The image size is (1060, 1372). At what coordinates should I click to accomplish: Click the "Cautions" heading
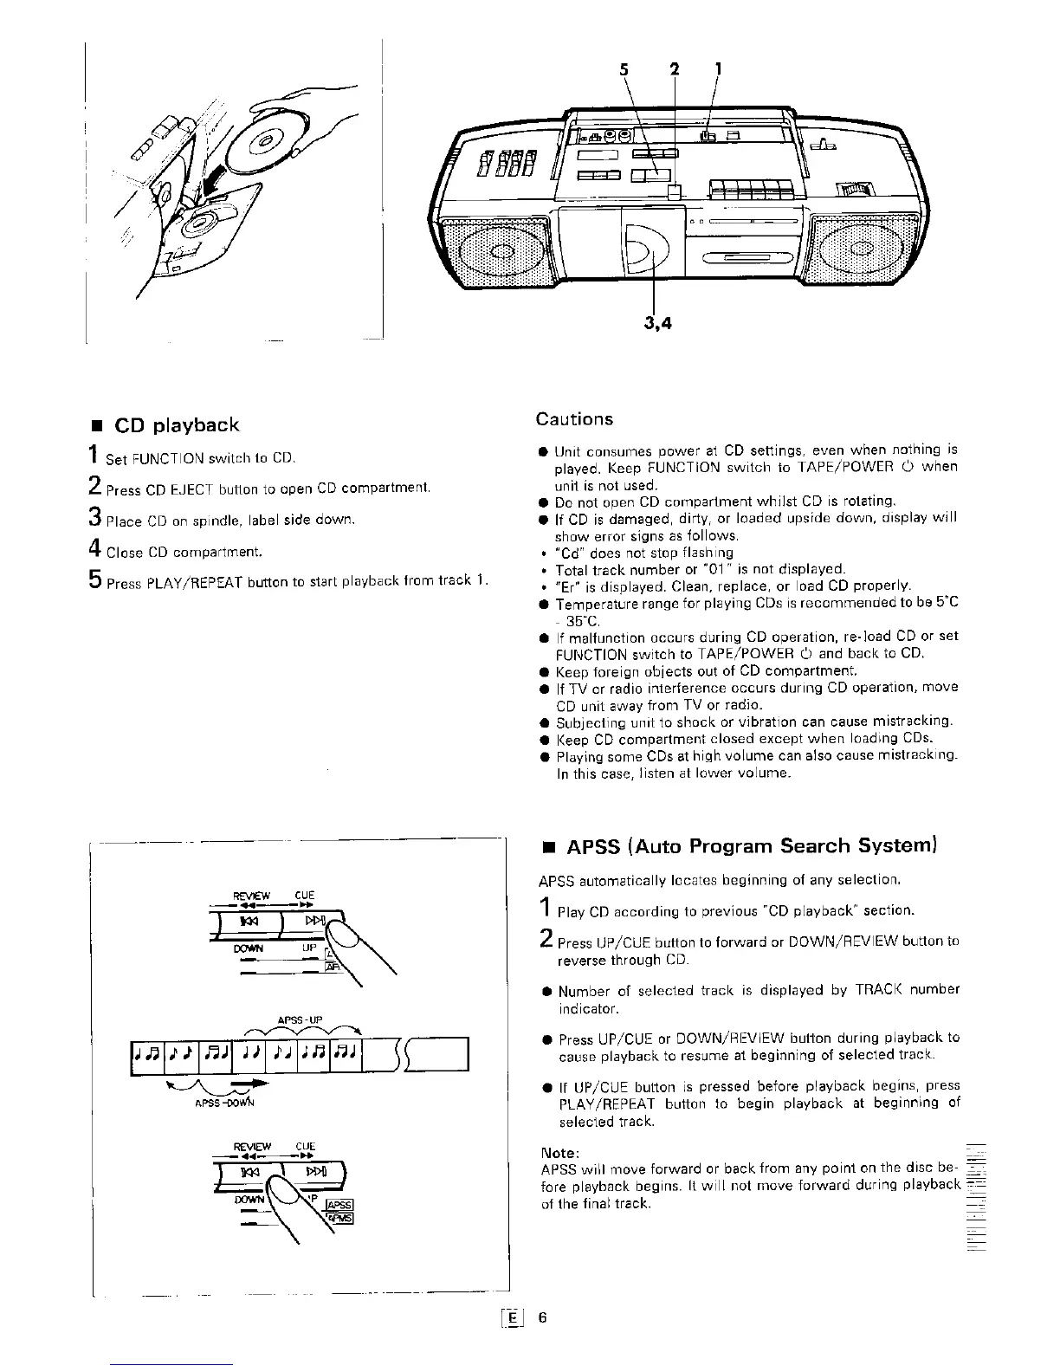pos(574,419)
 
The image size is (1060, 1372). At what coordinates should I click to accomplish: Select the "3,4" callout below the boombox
pos(658,323)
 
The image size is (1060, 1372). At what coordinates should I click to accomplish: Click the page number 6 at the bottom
pos(542,1317)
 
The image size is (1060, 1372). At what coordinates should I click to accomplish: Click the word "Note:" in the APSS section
pos(559,1153)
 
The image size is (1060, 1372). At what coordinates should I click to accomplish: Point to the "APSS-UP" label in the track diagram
pos(300,1019)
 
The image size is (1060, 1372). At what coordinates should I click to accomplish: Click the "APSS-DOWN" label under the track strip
pos(213,1103)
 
